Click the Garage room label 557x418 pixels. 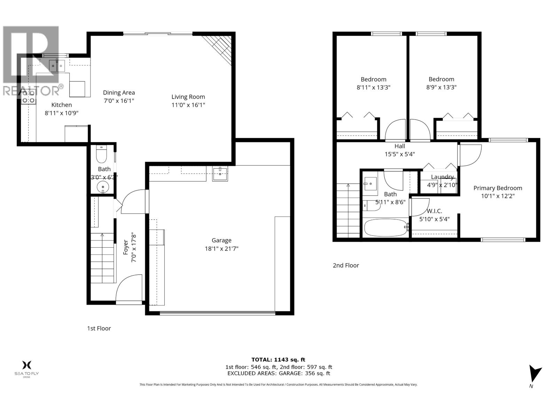tap(221, 240)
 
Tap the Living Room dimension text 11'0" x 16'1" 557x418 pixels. tap(188, 105)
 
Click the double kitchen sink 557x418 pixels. tap(57, 65)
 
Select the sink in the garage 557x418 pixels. tap(220, 174)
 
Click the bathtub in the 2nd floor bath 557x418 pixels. tap(386, 228)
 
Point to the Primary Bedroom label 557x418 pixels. tap(497, 188)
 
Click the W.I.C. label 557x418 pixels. tap(434, 211)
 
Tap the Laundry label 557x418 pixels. tap(442, 177)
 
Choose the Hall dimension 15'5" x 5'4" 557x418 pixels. tap(400, 154)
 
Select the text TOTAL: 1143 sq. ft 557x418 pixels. tap(278, 360)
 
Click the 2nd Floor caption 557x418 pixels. tap(346, 265)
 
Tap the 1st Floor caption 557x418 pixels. tap(99, 328)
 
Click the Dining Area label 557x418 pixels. tap(119, 93)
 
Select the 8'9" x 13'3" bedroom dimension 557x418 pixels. tap(441, 87)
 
